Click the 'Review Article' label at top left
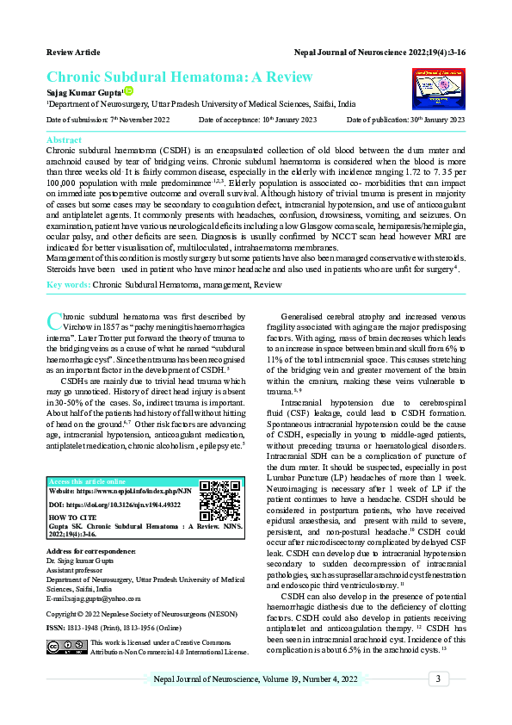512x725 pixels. point(73,53)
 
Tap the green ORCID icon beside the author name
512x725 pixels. point(129,90)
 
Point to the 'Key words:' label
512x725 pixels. point(68,283)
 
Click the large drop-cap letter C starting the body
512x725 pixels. point(52,322)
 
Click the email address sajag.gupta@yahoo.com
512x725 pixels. point(93,598)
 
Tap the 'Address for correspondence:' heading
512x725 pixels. point(91,550)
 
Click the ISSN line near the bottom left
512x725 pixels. point(118,629)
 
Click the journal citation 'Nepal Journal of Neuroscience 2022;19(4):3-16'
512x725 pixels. point(379,53)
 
